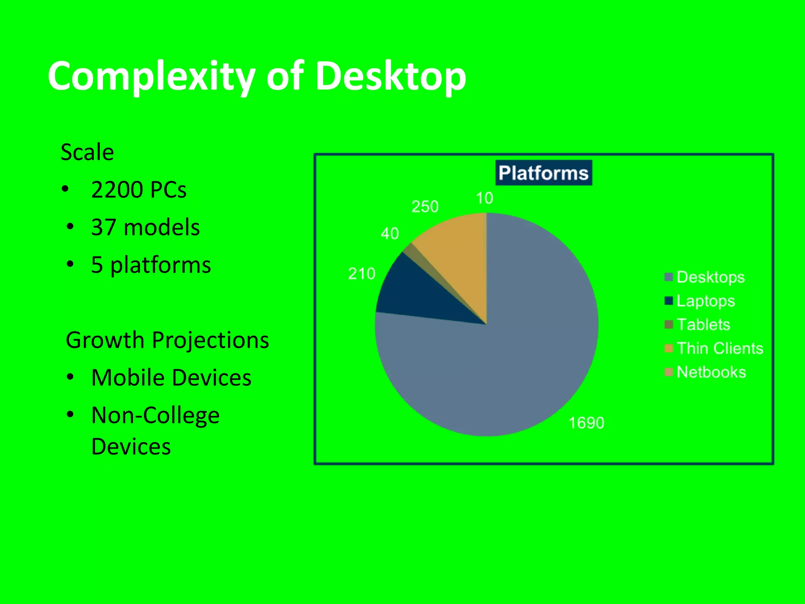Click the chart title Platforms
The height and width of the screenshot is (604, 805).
click(544, 173)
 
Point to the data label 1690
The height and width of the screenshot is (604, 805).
click(586, 423)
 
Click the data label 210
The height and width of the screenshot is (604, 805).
click(362, 274)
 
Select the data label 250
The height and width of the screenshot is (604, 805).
click(425, 207)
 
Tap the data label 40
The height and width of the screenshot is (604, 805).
click(390, 234)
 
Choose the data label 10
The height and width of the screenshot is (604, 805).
click(484, 198)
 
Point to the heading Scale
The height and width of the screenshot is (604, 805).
click(87, 152)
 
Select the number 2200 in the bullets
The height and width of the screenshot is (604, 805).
click(117, 190)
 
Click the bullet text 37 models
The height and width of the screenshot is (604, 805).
click(145, 227)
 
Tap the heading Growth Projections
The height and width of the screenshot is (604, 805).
click(167, 340)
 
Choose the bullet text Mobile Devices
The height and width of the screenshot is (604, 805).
click(171, 378)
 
